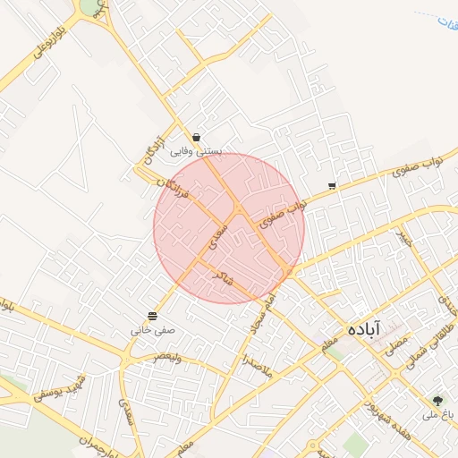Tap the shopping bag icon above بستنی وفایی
196,137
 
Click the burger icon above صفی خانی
152,316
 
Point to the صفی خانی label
153,330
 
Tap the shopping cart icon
332,186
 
